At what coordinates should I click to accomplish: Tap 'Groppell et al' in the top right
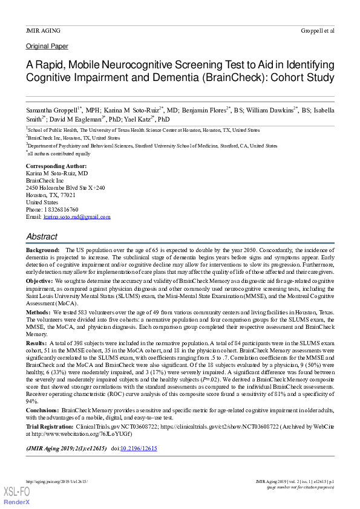317,30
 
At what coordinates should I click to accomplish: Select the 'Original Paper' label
47,47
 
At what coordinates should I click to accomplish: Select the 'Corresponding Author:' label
56,166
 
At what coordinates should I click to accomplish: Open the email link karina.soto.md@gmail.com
77,216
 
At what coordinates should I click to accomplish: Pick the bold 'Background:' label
42,250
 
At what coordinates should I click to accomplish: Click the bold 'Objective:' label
39,282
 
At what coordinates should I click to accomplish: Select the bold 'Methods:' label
38,312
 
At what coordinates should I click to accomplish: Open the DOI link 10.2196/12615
139,449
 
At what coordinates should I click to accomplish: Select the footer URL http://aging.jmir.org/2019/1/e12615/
57,481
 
